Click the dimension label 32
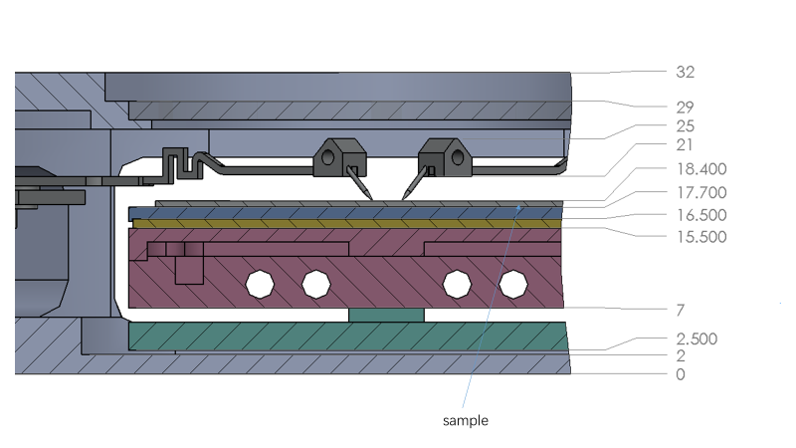click(684, 73)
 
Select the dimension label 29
click(684, 107)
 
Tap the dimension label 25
click(684, 127)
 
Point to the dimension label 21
click(684, 148)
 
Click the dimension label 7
click(680, 311)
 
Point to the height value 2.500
click(695, 339)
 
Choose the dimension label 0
click(680, 375)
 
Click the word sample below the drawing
click(465, 421)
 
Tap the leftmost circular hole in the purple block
click(261, 284)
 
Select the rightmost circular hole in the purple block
click(512, 284)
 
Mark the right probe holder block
click(443, 154)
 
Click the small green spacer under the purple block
click(386, 315)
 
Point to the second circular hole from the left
click(315, 284)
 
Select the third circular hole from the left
click(457, 284)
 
